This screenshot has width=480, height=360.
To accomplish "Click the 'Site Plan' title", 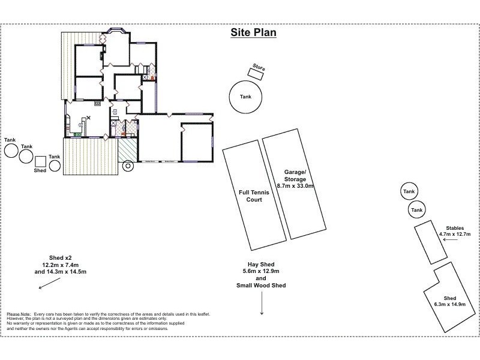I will tap(254, 32).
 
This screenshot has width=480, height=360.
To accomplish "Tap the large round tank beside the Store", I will tap(245, 97).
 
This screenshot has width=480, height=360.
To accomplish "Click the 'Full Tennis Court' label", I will tap(251, 196).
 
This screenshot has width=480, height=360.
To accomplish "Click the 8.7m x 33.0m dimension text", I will tap(295, 186).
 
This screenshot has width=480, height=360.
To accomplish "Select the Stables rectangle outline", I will tap(430, 241).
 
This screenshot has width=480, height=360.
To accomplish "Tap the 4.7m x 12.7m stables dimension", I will tap(454, 234).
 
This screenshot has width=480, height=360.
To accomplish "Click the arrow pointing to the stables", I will tap(447, 239).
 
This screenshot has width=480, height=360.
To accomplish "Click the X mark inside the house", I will tap(88, 118).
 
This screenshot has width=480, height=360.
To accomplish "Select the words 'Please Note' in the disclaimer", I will tap(18, 314).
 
